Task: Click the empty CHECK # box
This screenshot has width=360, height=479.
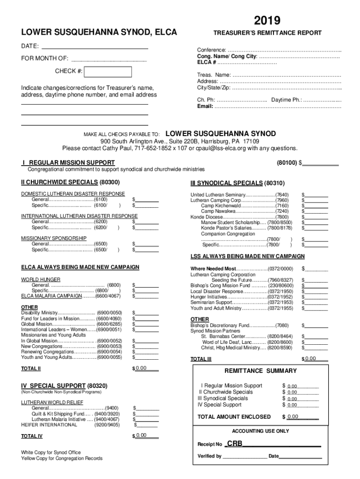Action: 110,72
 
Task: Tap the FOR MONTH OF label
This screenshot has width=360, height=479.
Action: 44,58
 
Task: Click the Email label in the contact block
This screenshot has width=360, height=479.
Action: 205,106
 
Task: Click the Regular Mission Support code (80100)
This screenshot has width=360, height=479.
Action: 286,163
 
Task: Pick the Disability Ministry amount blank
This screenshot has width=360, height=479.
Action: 146,312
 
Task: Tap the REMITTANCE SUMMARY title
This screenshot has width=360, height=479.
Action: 260,371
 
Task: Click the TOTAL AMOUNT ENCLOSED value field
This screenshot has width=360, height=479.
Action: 302,417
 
